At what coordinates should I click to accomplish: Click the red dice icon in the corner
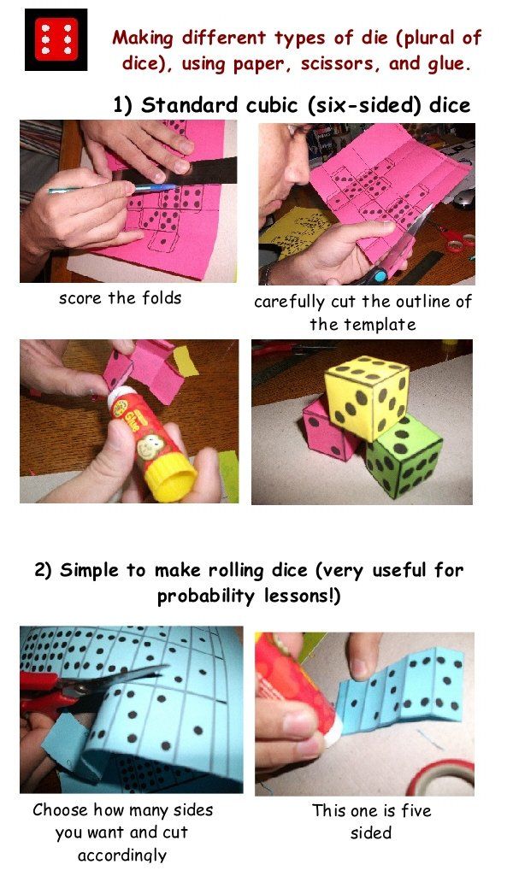(x=56, y=39)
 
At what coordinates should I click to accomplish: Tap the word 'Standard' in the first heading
(x=189, y=105)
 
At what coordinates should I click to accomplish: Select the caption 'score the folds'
(x=121, y=298)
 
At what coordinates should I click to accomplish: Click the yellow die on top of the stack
(x=368, y=397)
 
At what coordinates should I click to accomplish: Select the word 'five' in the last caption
(x=416, y=810)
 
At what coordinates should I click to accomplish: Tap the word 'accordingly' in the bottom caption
(x=122, y=855)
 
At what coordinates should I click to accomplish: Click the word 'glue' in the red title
(x=449, y=64)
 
